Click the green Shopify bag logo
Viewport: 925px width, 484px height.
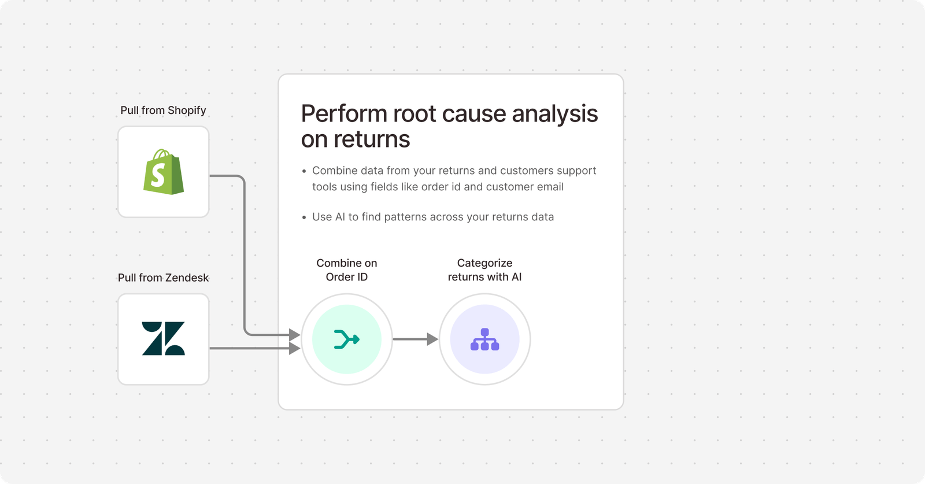pyautogui.click(x=164, y=172)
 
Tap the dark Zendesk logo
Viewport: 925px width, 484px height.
pyautogui.click(x=163, y=338)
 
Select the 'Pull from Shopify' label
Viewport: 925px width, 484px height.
pyautogui.click(x=163, y=110)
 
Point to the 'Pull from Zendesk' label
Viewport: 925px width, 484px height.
pyautogui.click(x=163, y=278)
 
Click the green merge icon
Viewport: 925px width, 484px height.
pyautogui.click(x=347, y=339)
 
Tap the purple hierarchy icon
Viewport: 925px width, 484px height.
pyautogui.click(x=484, y=339)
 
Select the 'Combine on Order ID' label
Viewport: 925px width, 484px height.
pyautogui.click(x=347, y=270)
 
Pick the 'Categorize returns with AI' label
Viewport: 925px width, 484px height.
pyautogui.click(x=484, y=270)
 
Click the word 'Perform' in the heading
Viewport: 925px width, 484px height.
pyautogui.click(x=344, y=114)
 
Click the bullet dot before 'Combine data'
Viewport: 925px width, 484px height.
pyautogui.click(x=304, y=171)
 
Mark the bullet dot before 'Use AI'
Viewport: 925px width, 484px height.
pyautogui.click(x=304, y=217)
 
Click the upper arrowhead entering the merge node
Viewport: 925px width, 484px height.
pyautogui.click(x=294, y=334)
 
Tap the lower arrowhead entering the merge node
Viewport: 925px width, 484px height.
pyautogui.click(x=294, y=348)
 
